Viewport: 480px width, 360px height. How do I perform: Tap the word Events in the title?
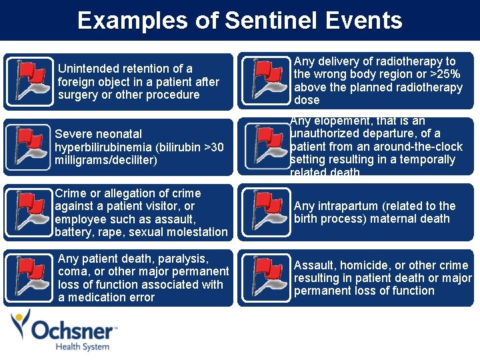pyautogui.click(x=364, y=21)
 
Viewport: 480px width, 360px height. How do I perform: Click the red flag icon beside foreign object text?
pyautogui.click(x=29, y=81)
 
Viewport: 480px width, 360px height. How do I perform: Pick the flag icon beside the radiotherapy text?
pyautogui.click(x=265, y=81)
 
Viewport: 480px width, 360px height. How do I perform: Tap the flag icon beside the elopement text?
pyautogui.click(x=265, y=146)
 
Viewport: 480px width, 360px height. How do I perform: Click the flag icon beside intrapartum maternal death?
pyautogui.click(x=265, y=212)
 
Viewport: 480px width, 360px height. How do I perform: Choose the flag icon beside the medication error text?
pyautogui.click(x=29, y=277)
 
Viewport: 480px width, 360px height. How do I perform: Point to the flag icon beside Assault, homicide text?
pyautogui.click(x=265, y=277)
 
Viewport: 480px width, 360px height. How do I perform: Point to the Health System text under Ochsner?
pyautogui.click(x=82, y=347)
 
